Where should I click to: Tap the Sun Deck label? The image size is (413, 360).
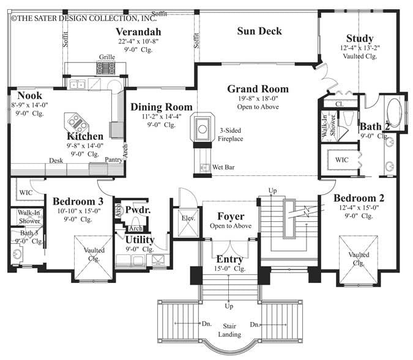[260, 31]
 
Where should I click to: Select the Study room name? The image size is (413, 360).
[359, 38]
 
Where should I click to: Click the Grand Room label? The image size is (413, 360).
[258, 89]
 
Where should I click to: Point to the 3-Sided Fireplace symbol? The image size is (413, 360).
[202, 128]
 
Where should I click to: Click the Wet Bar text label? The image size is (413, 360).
[221, 166]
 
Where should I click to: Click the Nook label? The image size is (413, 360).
[29, 95]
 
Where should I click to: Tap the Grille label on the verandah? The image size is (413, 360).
[106, 57]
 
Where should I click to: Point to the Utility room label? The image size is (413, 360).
[140, 240]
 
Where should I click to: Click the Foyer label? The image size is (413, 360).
[231, 216]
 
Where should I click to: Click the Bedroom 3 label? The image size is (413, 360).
[77, 202]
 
